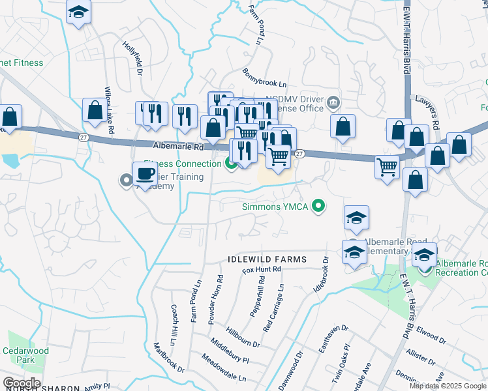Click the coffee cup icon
(144, 174)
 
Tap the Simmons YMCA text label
(273, 207)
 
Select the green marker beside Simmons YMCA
(318, 207)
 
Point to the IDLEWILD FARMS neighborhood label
(267, 259)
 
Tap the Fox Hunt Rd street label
(261, 269)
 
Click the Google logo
(22, 383)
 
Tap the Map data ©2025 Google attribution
(447, 386)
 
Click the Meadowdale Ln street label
(224, 368)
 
